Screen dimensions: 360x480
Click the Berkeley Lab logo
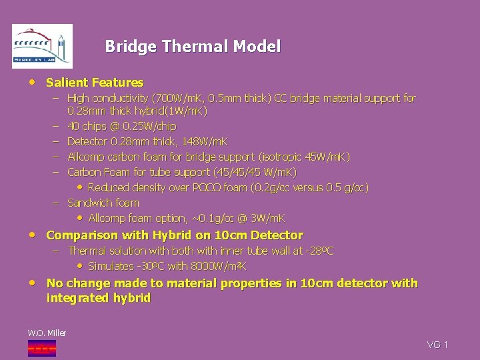point(42,46)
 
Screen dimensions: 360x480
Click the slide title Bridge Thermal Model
point(193,47)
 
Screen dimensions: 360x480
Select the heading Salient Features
point(95,83)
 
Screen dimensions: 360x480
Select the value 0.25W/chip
point(149,126)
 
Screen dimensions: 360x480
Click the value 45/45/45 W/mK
point(261,172)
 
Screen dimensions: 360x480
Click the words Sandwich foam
point(103,203)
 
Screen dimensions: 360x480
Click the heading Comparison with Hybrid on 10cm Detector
point(174,235)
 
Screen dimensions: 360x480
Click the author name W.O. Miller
point(47,333)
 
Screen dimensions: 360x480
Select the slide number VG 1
point(437,345)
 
